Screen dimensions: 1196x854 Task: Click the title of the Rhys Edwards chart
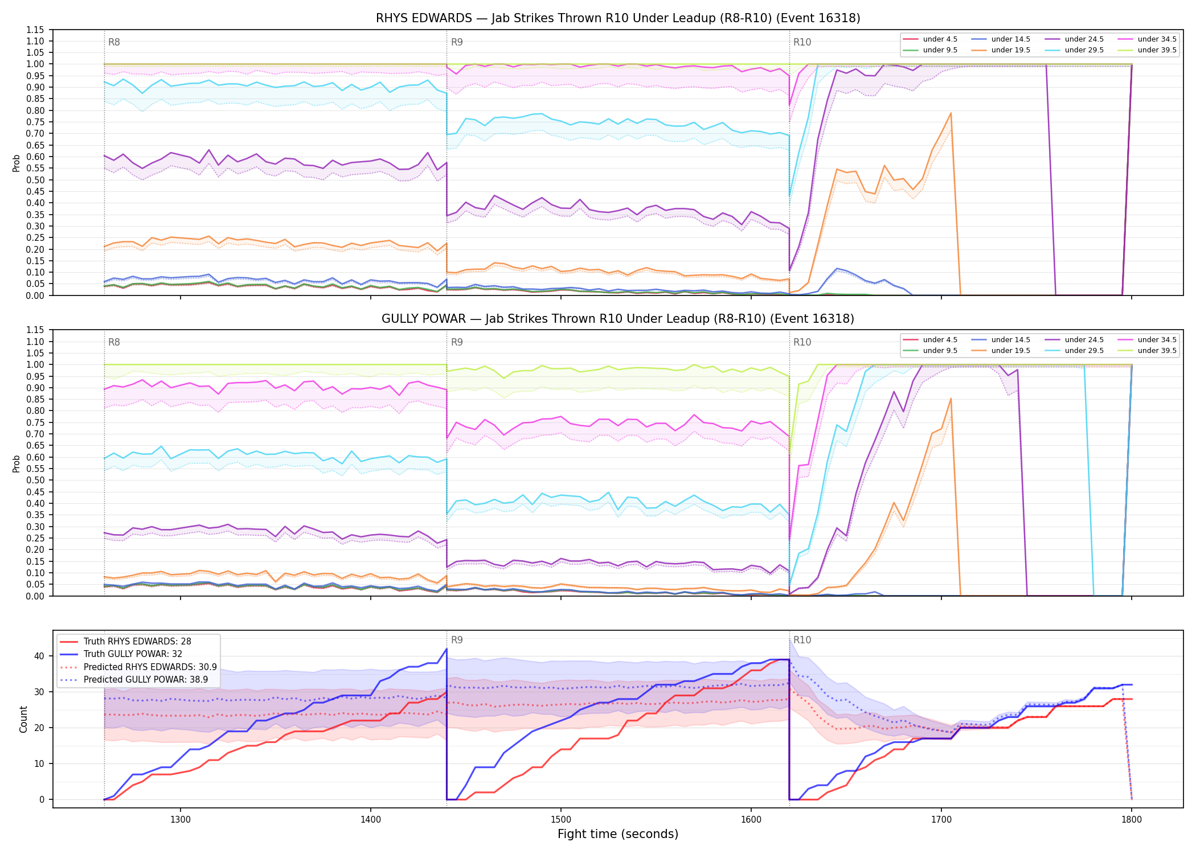click(x=618, y=18)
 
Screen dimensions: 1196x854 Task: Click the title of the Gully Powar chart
click(x=618, y=319)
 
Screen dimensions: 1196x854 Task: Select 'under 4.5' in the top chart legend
click(x=940, y=39)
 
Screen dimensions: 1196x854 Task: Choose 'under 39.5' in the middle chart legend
click(x=1157, y=351)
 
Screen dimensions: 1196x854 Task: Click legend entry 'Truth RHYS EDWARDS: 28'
click(x=137, y=642)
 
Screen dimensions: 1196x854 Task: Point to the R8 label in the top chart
click(x=114, y=42)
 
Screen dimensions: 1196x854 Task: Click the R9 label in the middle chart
click(x=457, y=342)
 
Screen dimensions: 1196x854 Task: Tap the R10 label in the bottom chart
click(x=802, y=640)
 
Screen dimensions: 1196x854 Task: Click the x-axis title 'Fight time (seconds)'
click(x=618, y=835)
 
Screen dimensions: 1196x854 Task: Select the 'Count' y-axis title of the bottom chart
click(x=23, y=719)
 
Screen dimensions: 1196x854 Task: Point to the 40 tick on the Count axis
click(x=39, y=656)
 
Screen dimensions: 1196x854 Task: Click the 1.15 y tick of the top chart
click(x=35, y=30)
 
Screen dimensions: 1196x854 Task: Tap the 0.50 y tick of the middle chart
click(x=35, y=481)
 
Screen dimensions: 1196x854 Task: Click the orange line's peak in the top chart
click(x=951, y=113)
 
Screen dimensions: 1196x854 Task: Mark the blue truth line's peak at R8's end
click(x=447, y=648)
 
